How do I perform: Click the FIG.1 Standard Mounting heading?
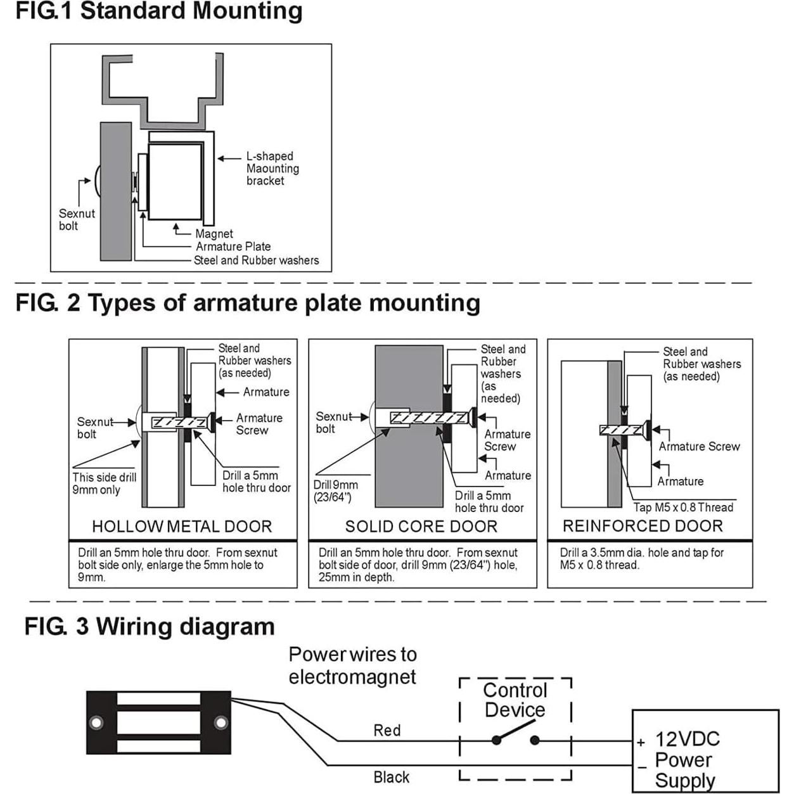click(158, 11)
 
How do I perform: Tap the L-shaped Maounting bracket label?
click(272, 169)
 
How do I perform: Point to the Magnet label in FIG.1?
click(214, 234)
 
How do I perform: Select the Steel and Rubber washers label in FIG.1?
click(256, 260)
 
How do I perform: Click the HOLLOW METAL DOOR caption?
click(182, 527)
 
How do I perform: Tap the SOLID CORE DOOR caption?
click(421, 527)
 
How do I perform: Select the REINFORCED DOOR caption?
click(643, 526)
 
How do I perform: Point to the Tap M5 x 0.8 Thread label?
click(683, 508)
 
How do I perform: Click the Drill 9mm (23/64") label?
click(335, 491)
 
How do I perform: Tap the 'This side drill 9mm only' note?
click(104, 483)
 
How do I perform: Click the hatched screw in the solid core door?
click(430, 418)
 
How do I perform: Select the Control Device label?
click(515, 700)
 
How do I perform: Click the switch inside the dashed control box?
click(516, 740)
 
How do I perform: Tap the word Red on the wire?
click(387, 731)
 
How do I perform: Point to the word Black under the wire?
click(391, 778)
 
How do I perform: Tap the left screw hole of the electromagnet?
click(96, 722)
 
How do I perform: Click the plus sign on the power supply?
click(641, 742)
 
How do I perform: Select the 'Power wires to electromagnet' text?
click(352, 665)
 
